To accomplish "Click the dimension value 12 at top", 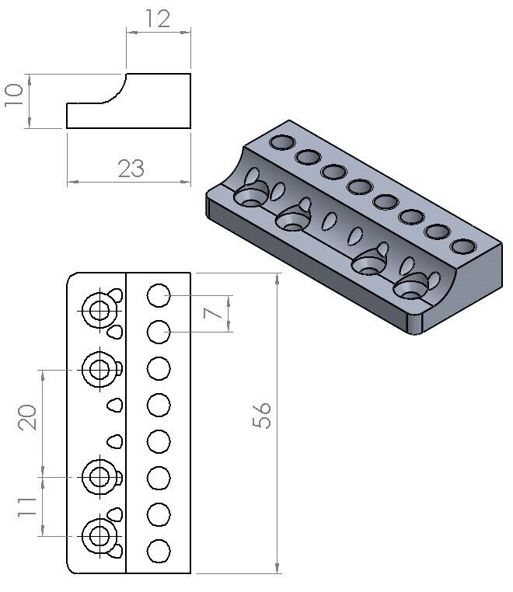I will (x=159, y=18).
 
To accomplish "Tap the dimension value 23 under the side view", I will (x=131, y=168).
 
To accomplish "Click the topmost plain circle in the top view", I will (x=159, y=295).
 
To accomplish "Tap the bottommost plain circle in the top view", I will (x=159, y=550).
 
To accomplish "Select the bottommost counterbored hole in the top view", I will (x=99, y=535).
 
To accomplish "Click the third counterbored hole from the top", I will (x=99, y=475).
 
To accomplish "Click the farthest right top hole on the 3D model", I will (x=463, y=247).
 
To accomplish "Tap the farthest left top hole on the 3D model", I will (x=281, y=143).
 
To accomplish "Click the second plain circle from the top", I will (x=159, y=332).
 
